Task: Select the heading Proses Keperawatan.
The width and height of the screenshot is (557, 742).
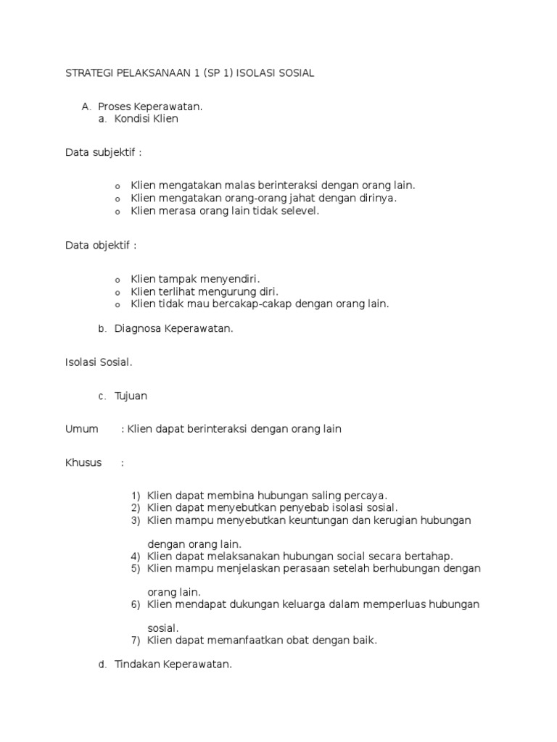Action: (x=150, y=107)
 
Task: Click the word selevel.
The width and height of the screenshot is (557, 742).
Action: (x=297, y=211)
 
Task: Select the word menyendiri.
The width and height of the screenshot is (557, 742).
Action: (x=226, y=279)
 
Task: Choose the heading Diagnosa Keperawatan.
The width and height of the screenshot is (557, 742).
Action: (x=173, y=328)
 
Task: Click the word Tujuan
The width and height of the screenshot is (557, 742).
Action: (x=131, y=396)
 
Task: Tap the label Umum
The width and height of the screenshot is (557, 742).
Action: (x=81, y=429)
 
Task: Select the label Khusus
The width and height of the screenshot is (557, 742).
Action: (x=83, y=462)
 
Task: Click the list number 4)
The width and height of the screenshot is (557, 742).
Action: (x=136, y=556)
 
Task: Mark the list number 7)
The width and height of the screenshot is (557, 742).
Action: (x=136, y=640)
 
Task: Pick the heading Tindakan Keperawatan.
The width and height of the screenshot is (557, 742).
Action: (x=173, y=664)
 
